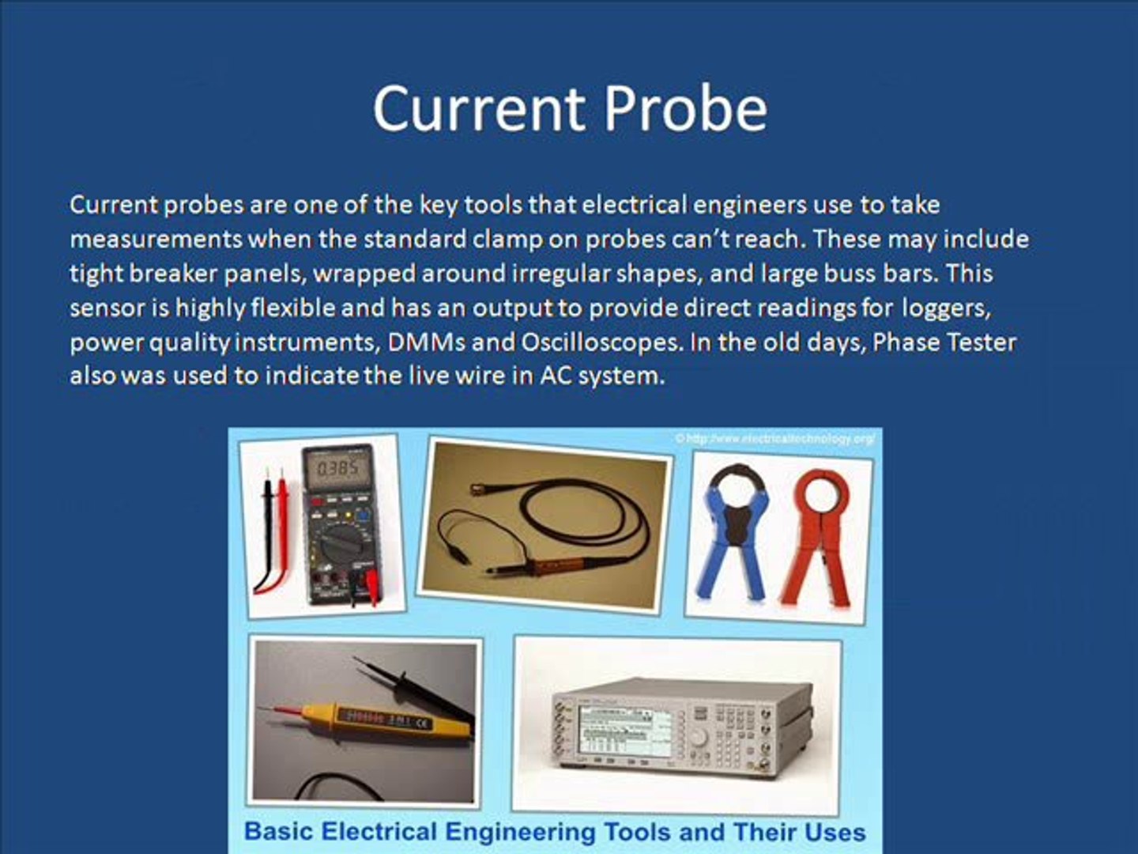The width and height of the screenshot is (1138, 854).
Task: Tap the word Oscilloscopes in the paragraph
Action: pyautogui.click(x=601, y=342)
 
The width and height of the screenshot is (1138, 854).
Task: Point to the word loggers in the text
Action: pyautogui.click(x=946, y=308)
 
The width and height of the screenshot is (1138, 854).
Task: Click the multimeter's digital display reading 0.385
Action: pyautogui.click(x=337, y=469)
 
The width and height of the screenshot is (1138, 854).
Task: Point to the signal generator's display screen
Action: pyautogui.click(x=624, y=729)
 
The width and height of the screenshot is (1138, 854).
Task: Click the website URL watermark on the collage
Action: pyautogui.click(x=775, y=437)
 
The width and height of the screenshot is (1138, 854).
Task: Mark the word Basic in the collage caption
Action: pyautogui.click(x=273, y=832)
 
